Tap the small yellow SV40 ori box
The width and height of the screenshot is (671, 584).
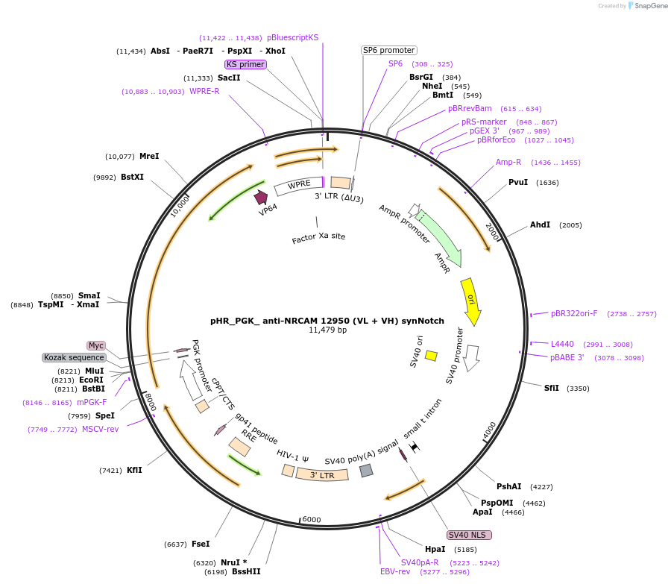(x=431, y=356)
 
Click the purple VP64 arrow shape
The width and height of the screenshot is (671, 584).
(x=261, y=197)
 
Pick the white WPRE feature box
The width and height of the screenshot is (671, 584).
(x=298, y=184)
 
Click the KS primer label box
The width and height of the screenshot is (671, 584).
(x=245, y=65)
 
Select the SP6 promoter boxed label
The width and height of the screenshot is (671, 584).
(x=388, y=50)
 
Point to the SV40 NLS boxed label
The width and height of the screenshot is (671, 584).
(x=470, y=535)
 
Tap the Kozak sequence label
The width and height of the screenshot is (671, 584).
(x=74, y=358)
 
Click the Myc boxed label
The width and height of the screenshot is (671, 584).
(x=95, y=345)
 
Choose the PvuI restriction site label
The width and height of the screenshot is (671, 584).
(x=518, y=183)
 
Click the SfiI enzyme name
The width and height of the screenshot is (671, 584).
(x=552, y=388)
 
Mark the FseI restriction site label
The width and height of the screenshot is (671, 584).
(x=201, y=544)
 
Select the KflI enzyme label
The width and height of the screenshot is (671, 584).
(x=134, y=470)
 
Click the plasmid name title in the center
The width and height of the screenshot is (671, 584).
(x=327, y=321)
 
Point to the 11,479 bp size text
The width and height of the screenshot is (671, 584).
(x=327, y=330)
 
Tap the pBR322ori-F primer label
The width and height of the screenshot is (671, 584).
(x=574, y=314)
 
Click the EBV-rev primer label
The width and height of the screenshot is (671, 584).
(x=395, y=572)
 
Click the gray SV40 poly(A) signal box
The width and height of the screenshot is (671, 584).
(x=366, y=471)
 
